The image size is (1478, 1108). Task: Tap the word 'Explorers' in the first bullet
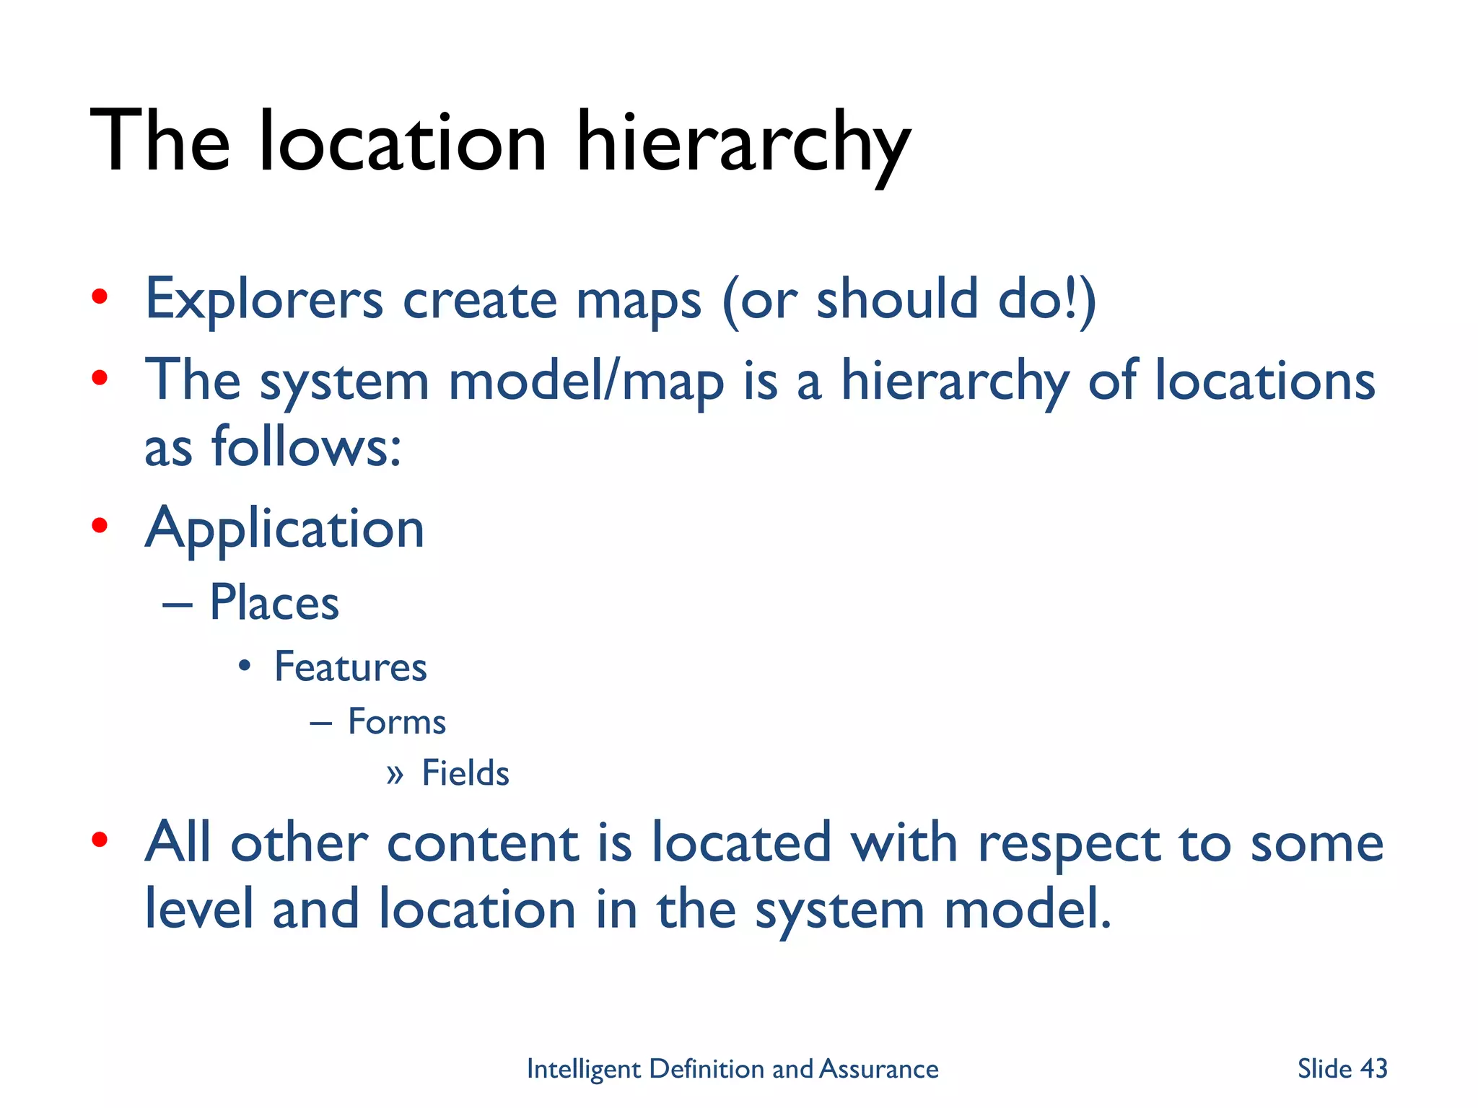264,299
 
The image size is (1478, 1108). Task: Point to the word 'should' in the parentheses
897,299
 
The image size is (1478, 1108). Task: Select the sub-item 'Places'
274,603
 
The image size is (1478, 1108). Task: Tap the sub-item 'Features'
351,667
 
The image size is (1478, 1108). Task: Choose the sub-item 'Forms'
397,722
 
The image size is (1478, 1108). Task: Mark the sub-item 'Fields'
465,773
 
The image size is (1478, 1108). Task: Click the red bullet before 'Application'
100,526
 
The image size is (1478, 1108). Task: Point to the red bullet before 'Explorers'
100,296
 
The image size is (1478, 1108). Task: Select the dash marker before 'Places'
177,604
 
